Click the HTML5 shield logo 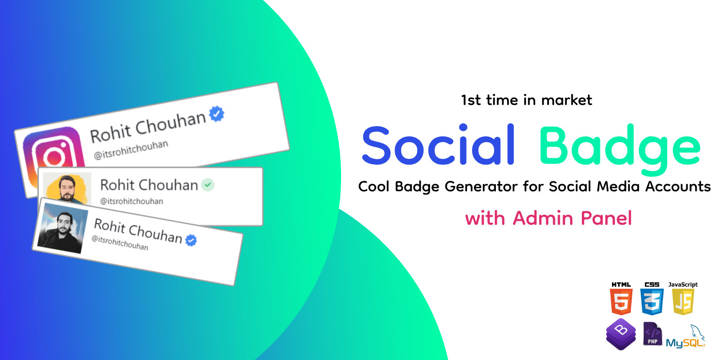(621, 301)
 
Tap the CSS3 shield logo (652, 301)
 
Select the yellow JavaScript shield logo (683, 301)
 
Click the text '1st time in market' (526, 100)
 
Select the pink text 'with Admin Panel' (548, 218)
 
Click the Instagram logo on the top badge (52, 155)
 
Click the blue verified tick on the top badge (217, 114)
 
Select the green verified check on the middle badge (207, 184)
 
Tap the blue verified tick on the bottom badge (191, 240)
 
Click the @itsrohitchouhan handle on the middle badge (131, 201)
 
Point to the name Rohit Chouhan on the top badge (148, 126)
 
